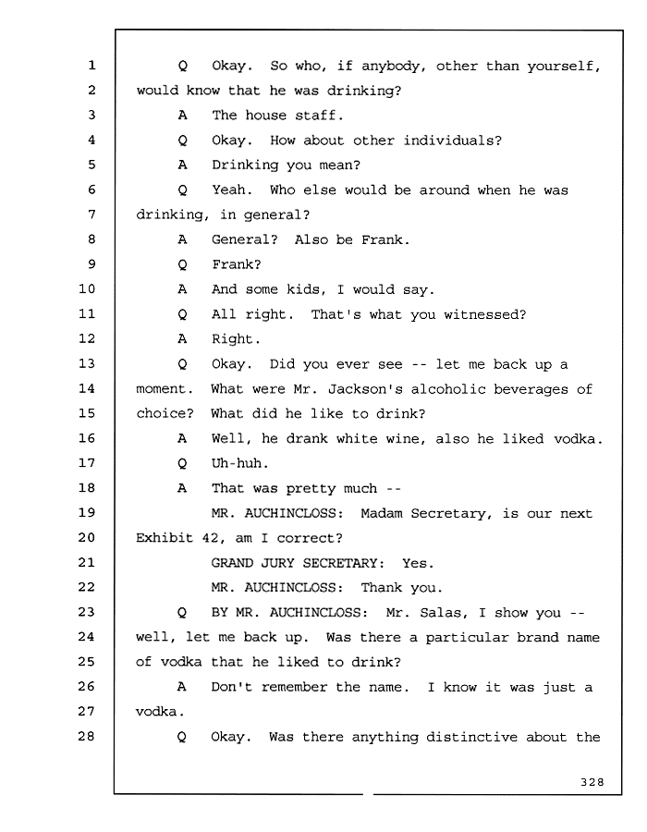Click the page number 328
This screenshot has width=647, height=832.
tap(592, 782)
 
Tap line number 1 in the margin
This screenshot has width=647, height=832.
tap(92, 66)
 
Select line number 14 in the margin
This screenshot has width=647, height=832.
tap(87, 388)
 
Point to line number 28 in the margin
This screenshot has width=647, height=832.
tap(87, 736)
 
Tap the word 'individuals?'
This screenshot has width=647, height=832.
tap(452, 141)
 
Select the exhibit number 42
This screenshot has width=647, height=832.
tap(210, 538)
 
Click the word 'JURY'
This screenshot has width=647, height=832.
tap(269, 563)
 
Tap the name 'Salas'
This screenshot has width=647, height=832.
tap(440, 613)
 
